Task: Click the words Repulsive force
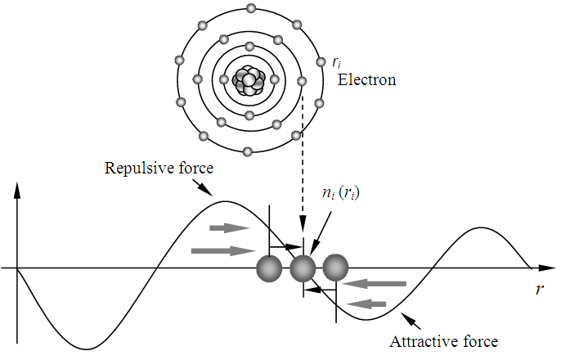(159, 169)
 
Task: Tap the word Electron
(367, 80)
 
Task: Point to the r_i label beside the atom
(336, 61)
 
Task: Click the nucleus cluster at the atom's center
(249, 80)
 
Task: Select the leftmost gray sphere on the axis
(268, 268)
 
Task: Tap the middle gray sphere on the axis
(303, 268)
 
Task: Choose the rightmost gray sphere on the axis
(335, 268)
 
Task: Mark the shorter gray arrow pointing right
(229, 227)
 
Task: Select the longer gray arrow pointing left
(374, 284)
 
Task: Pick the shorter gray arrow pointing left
(368, 304)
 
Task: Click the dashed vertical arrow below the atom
(303, 164)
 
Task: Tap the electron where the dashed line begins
(302, 81)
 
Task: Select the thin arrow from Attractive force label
(408, 322)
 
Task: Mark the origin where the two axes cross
(17, 268)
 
